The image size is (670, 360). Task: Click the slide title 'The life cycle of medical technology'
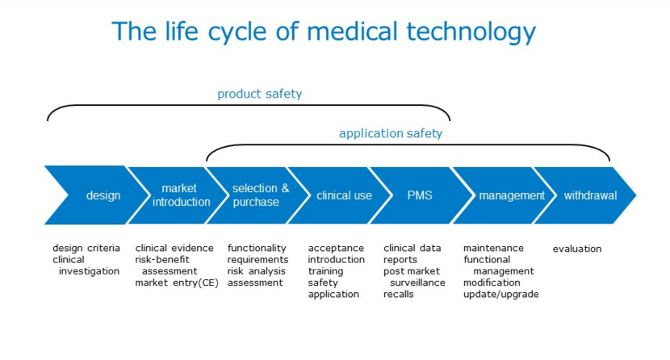324,31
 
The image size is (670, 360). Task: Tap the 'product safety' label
259,94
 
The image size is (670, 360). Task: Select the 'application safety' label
391,133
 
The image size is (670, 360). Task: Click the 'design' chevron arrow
96,195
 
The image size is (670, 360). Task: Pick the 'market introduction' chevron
178,195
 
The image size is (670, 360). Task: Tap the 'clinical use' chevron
341,195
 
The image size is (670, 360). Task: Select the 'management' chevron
505,195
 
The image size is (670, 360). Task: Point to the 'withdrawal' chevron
585,195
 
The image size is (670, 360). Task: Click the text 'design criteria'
86,248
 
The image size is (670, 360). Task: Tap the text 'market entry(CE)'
177,283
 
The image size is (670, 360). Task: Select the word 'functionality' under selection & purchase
257,248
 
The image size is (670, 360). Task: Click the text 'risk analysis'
257,271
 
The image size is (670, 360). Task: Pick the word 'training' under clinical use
325,271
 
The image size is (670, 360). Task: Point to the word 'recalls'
399,295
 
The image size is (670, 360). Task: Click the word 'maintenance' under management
493,248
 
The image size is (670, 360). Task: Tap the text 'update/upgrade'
501,295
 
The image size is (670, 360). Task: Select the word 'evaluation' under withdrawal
577,249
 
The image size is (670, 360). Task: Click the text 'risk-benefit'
162,260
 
